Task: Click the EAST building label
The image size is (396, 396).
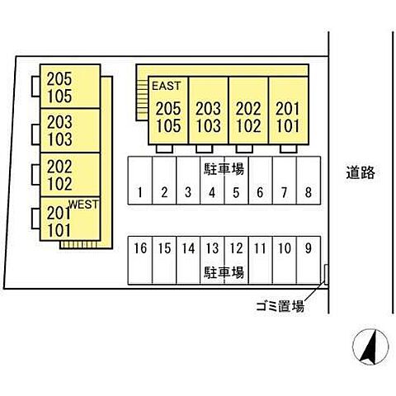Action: tap(167, 86)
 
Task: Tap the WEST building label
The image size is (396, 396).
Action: tap(83, 205)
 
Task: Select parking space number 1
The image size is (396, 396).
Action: tap(140, 181)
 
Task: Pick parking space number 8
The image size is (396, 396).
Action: tap(309, 181)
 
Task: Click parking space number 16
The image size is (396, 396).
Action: tap(140, 260)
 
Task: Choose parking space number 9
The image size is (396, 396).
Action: tap(309, 260)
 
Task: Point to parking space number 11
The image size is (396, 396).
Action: tap(261, 260)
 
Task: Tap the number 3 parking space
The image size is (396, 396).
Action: tap(188, 181)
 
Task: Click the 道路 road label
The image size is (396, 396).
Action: tap(361, 172)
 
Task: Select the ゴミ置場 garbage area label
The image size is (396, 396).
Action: tap(280, 306)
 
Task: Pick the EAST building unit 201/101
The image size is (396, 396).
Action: tap(289, 111)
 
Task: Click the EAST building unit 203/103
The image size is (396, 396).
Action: tap(209, 111)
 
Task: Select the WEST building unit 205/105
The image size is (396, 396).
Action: tap(70, 87)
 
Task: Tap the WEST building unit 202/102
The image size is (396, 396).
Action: tap(70, 175)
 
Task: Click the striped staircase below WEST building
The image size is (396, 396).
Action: tap(78, 244)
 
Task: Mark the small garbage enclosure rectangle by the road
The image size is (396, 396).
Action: tap(327, 275)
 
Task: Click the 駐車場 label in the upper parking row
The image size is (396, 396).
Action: tap(224, 169)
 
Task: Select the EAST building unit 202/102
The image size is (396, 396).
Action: tap(248, 111)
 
